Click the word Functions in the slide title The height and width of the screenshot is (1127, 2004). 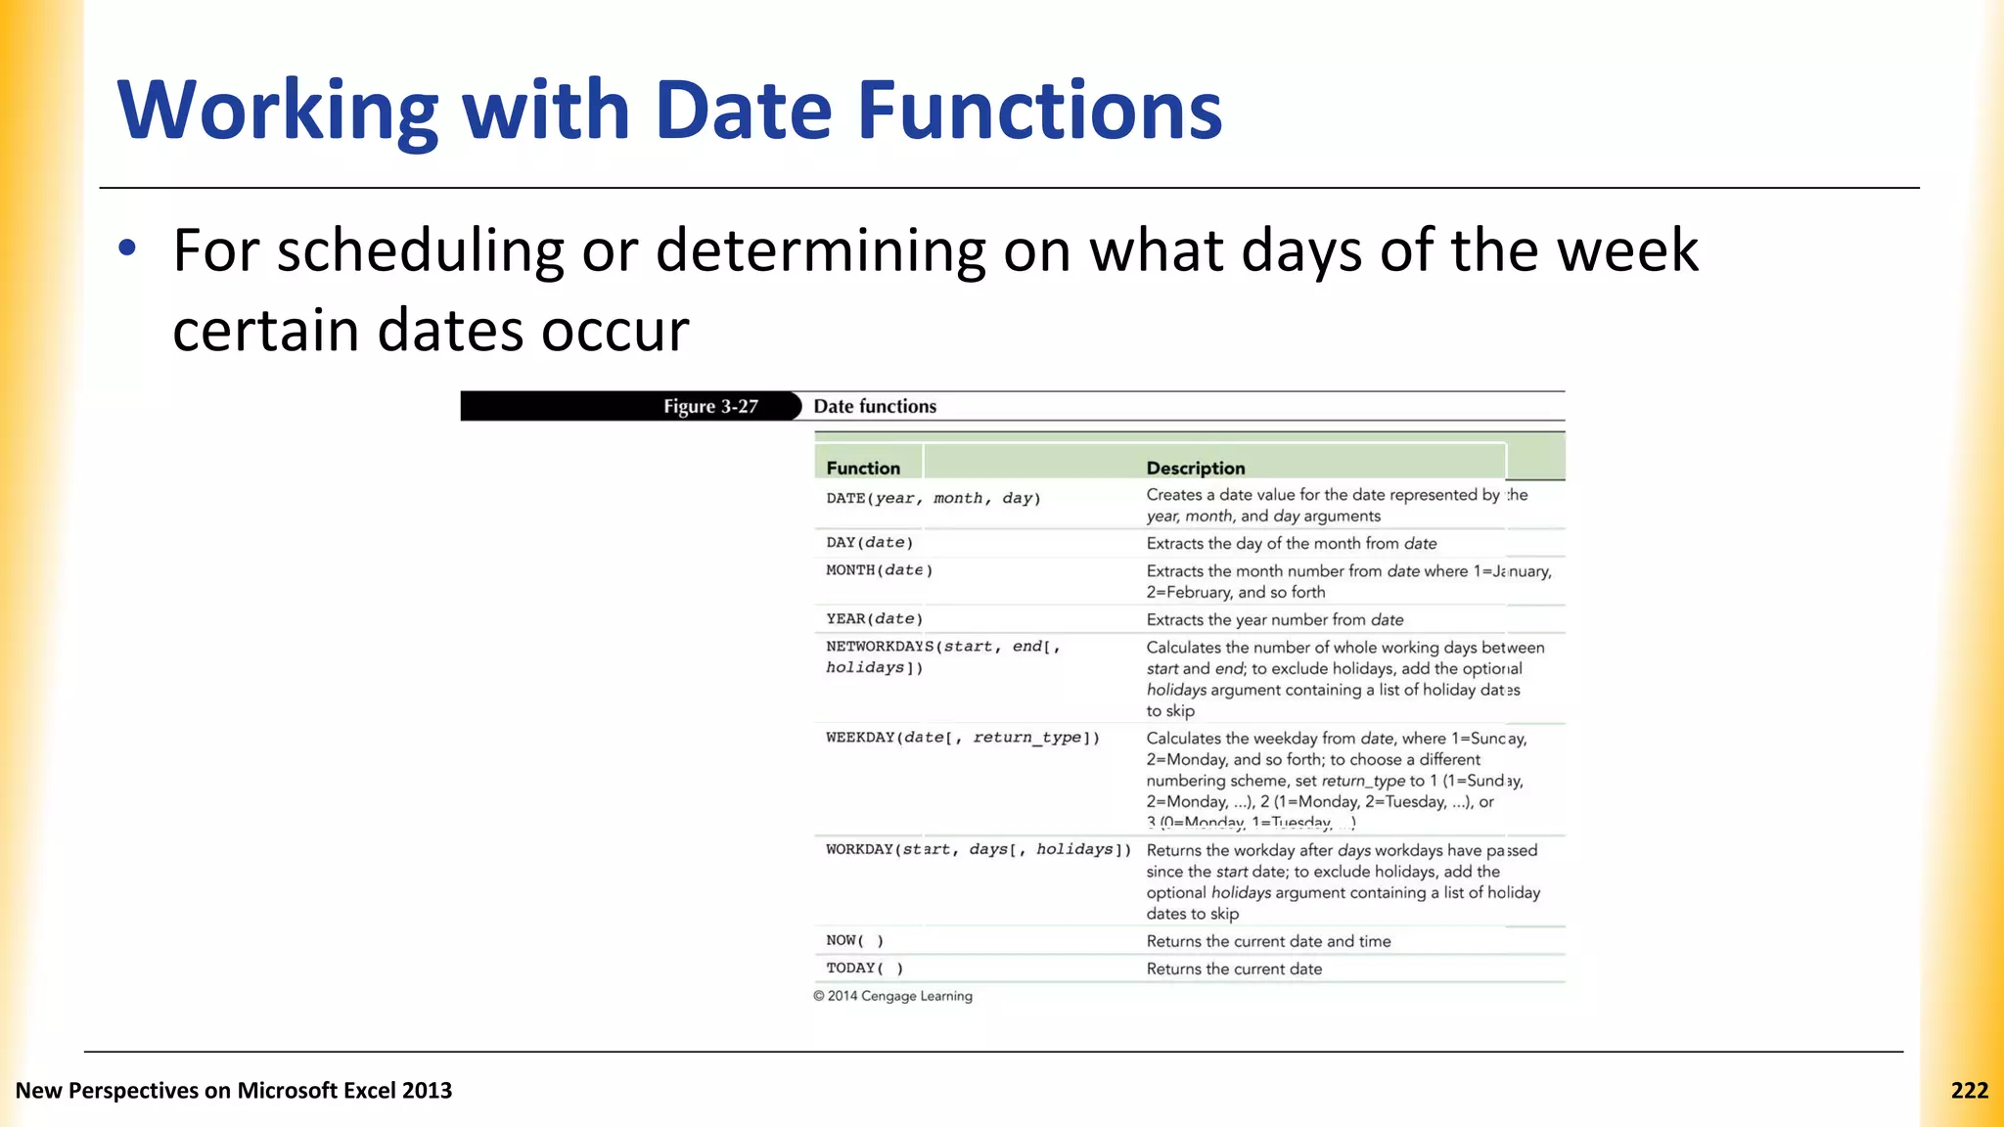pos(1039,111)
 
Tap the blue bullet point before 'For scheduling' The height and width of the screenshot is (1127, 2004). pos(126,248)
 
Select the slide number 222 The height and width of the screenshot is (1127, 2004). pos(1969,1091)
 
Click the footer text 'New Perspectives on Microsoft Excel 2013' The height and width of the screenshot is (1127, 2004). pos(234,1091)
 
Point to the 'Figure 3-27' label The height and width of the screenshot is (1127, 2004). pos(710,407)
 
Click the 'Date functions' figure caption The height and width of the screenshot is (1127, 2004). pos(875,407)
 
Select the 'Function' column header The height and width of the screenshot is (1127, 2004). pos(862,469)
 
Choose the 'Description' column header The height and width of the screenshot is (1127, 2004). pos(1195,469)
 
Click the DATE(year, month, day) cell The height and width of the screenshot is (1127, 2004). pos(933,499)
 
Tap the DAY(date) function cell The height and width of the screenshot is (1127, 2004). pos(869,543)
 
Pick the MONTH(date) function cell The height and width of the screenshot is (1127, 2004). pos(879,570)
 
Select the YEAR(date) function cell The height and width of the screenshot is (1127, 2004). pos(874,619)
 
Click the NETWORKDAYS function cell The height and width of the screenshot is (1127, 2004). pos(942,656)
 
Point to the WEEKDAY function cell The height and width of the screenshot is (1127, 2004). pos(962,738)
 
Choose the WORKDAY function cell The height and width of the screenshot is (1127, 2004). pos(978,850)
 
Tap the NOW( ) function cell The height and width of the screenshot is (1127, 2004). pos(854,941)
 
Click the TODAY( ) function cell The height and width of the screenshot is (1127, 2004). pos(864,969)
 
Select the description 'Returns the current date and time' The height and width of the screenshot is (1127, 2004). pos(1268,941)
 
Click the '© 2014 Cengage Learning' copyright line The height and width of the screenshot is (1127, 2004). pos(892,996)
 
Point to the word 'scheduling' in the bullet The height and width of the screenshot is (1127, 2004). pos(420,250)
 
